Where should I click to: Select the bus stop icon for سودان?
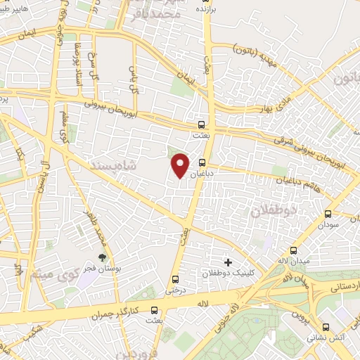[328, 214]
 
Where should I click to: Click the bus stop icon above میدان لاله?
[293, 250]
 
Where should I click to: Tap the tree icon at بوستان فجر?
[103, 257]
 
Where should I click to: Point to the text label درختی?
[174, 288]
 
